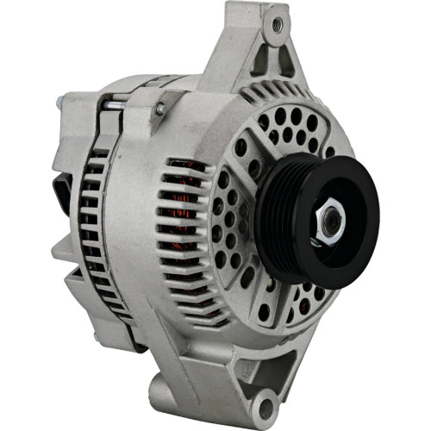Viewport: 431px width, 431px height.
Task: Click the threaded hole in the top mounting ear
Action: tap(277, 26)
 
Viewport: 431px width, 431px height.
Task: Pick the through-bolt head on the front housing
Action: tap(160, 109)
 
